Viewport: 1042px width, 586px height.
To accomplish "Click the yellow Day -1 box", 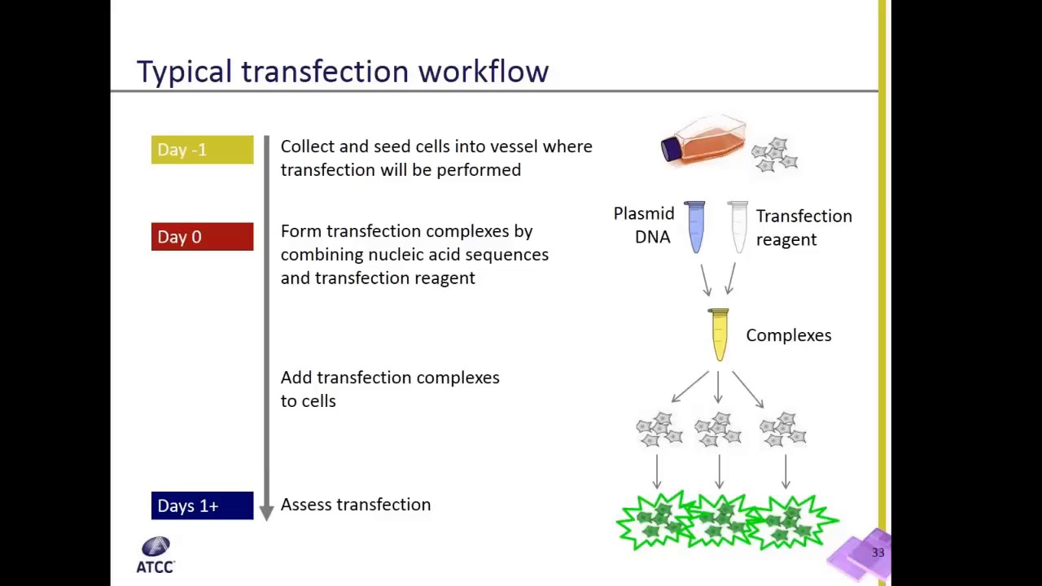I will [202, 150].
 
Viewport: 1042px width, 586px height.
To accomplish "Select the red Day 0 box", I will [202, 237].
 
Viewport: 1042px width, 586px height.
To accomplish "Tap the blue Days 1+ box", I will [202, 505].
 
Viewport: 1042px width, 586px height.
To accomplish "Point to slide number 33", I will [878, 553].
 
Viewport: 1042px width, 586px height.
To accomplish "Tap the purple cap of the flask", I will [671, 149].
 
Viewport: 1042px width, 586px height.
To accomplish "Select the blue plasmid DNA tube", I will [695, 226].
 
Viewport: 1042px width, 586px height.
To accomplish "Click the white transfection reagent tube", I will [738, 226].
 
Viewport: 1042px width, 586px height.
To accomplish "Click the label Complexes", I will [788, 335].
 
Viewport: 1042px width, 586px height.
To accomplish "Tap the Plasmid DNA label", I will [643, 225].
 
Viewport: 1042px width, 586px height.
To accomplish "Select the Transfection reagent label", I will [803, 227].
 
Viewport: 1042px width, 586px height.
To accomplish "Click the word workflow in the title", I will [484, 72].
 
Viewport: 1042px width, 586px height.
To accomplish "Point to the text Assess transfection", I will [356, 505].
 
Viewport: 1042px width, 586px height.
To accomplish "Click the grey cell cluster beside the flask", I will [775, 155].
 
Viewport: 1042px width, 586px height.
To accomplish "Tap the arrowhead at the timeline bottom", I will [266, 512].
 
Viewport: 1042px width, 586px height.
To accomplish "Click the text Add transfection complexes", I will [390, 378].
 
